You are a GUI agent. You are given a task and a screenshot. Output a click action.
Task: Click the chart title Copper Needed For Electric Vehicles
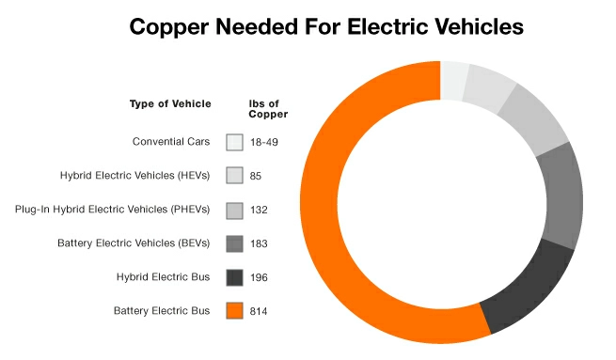pos(325,27)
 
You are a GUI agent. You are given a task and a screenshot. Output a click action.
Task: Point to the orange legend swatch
pos(235,310)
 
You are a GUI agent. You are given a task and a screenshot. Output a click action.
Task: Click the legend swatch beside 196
pos(235,276)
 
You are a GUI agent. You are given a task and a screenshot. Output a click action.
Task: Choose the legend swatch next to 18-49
pos(235,142)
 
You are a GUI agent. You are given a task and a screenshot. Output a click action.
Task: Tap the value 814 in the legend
pos(261,310)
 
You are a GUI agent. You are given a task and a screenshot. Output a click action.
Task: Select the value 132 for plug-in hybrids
pos(261,210)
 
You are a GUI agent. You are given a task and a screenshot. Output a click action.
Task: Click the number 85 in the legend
pos(257,176)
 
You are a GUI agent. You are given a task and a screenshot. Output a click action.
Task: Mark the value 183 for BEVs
pos(261,243)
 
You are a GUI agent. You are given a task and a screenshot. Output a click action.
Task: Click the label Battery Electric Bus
pos(163,310)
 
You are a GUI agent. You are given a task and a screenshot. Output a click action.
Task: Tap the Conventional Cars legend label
pos(171,142)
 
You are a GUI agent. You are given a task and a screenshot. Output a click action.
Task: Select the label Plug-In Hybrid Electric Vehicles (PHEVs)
pos(113,210)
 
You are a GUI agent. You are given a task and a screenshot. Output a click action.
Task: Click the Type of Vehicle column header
pos(170,104)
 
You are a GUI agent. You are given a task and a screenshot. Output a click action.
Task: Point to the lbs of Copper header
pos(268,109)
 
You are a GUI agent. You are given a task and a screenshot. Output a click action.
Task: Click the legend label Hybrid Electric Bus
pos(166,276)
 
